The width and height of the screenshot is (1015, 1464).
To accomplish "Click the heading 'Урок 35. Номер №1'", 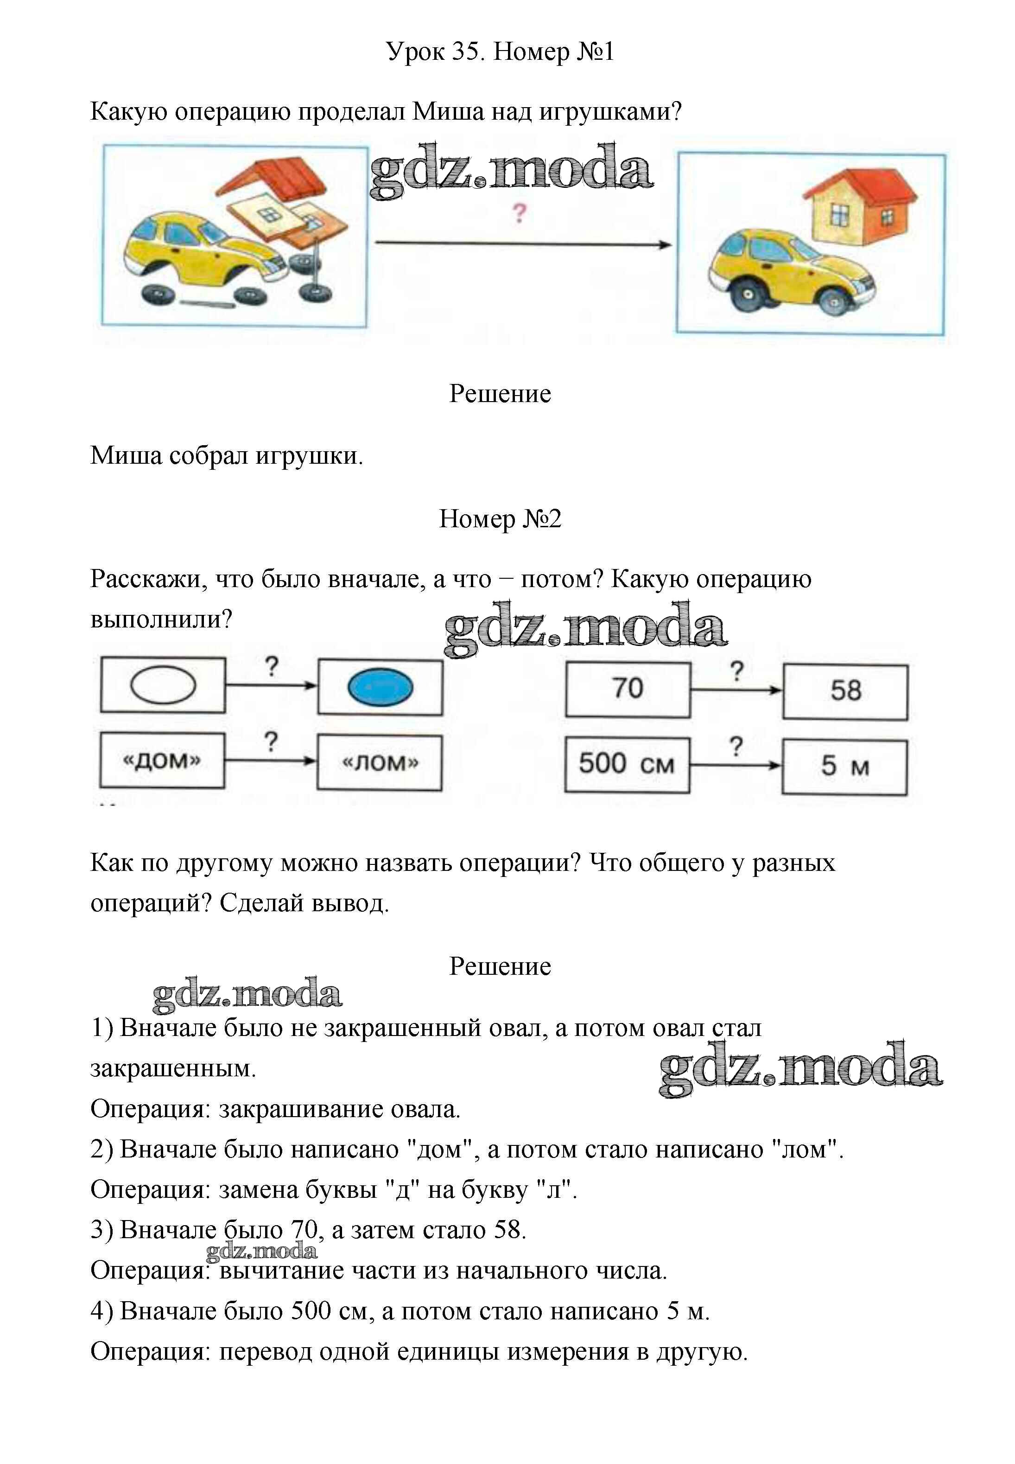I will [500, 51].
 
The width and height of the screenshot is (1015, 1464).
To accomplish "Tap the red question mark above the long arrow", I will [519, 213].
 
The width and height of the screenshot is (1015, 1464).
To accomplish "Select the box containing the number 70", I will [628, 689].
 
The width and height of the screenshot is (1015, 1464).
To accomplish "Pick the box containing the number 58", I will [845, 691].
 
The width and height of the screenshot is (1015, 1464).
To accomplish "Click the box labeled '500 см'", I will [627, 764].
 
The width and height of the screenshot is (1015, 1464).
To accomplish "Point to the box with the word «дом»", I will [162, 761].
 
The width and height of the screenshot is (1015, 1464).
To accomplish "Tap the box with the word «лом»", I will [380, 763].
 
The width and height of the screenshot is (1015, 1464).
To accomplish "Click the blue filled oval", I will [381, 687].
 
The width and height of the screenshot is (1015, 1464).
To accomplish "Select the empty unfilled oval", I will [163, 684].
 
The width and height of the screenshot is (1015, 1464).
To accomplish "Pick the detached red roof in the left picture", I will [273, 180].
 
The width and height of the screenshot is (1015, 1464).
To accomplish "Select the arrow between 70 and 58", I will [736, 690].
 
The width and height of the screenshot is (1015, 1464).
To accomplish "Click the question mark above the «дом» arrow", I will [271, 742].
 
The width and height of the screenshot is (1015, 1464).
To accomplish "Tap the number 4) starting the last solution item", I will [102, 1311].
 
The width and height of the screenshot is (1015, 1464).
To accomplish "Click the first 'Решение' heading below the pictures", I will [500, 394].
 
